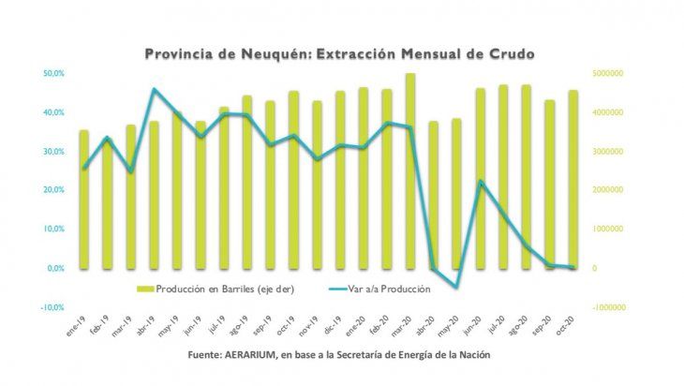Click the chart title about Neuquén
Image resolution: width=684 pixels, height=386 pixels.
click(339, 54)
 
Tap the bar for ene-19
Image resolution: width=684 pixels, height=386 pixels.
click(84, 199)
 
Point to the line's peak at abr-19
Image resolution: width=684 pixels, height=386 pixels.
click(155, 90)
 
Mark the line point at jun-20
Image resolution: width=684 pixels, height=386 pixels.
click(480, 182)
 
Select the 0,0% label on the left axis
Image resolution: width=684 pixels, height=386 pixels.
click(54, 268)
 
